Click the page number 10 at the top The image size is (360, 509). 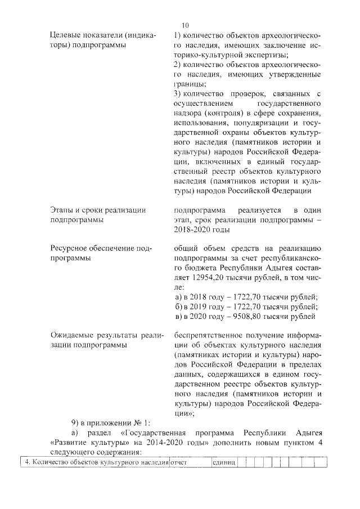pos(186,25)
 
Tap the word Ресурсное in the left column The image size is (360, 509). pos(70,248)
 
